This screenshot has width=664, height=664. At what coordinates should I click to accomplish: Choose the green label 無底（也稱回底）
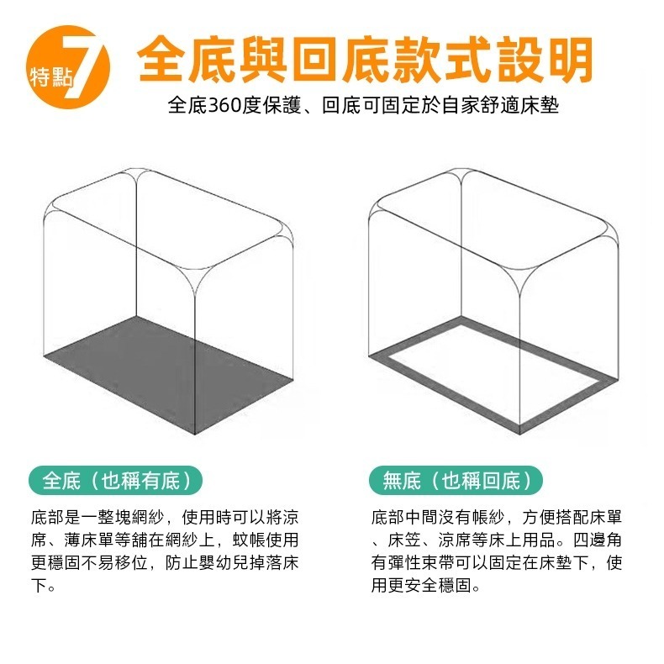(x=456, y=481)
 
